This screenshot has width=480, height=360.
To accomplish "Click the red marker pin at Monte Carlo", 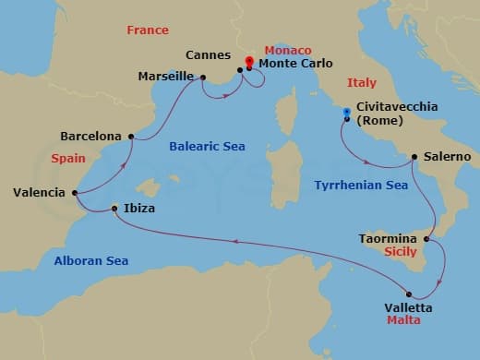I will [249, 63].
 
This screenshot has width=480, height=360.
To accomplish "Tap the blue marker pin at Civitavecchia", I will [346, 114].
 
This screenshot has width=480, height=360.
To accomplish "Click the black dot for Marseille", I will [202, 77].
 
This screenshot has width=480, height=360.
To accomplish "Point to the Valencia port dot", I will [73, 193].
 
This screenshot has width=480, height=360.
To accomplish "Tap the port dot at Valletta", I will [409, 294].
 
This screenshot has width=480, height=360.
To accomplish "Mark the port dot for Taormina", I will [426, 239].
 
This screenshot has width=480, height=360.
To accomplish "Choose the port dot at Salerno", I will [414, 157].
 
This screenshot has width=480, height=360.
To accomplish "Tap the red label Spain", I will [68, 159].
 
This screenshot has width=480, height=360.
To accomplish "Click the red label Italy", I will [362, 82].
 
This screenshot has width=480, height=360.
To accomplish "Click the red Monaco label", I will [289, 49].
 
